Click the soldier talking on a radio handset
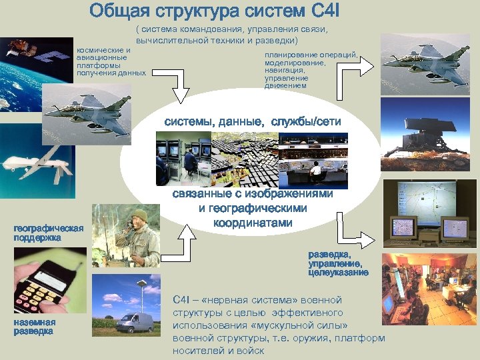[141, 237]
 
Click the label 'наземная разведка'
[34, 327]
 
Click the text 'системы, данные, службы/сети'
[253, 121]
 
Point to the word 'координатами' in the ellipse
[253, 222]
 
